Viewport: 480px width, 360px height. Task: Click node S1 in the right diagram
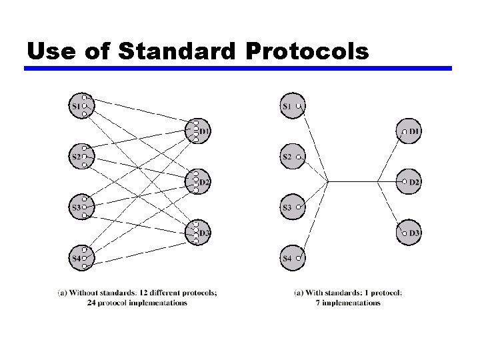coord(292,106)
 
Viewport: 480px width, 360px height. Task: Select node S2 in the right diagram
coord(292,157)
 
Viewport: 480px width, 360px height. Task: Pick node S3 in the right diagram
coord(292,207)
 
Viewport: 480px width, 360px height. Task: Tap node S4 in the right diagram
coord(292,257)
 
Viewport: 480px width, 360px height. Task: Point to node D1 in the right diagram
coord(411,131)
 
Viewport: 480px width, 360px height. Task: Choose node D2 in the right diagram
coord(411,181)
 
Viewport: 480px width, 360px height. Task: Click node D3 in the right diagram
coord(411,232)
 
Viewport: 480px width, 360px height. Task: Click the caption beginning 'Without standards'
coord(137,297)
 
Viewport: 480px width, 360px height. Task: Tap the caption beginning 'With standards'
coord(347,297)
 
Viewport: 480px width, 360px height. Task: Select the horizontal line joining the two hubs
coord(352,181)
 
